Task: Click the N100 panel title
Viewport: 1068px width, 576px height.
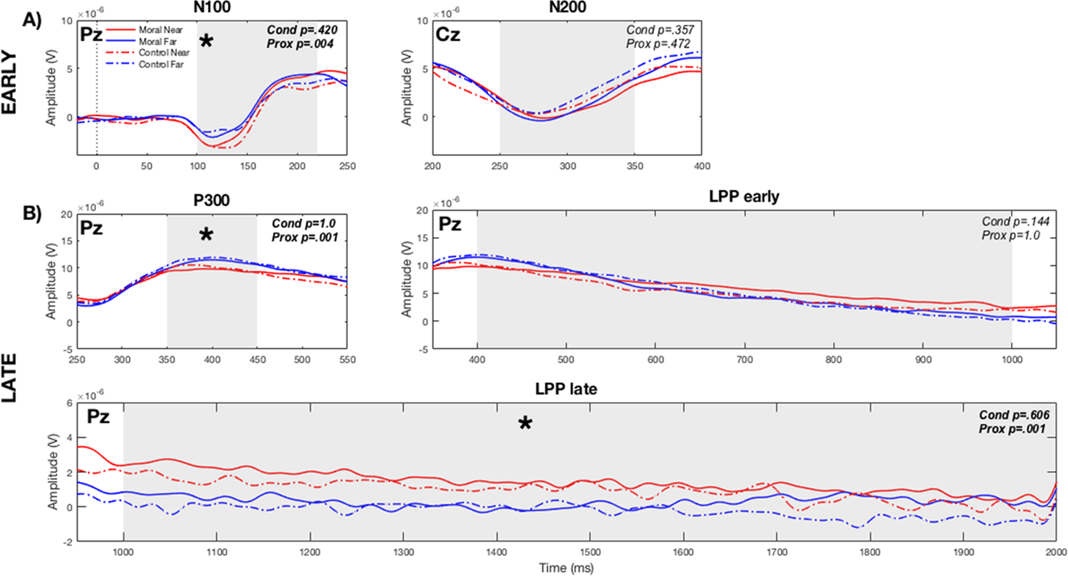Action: click(212, 8)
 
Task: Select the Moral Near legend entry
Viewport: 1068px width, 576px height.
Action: click(160, 30)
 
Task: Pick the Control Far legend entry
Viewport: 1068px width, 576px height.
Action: click(160, 64)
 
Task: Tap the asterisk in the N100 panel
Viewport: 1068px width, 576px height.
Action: click(206, 42)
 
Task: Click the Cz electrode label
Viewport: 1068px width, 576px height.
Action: click(448, 34)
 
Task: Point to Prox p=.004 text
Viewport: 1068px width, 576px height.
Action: click(300, 44)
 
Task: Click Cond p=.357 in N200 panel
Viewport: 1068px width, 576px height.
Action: click(660, 30)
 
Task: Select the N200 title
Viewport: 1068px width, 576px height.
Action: click(567, 8)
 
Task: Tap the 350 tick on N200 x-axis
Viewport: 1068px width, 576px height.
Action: click(634, 166)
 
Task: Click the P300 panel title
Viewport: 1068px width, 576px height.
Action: click(212, 200)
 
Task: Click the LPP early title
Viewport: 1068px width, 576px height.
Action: click(744, 196)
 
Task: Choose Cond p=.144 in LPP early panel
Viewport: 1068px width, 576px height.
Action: click(1016, 222)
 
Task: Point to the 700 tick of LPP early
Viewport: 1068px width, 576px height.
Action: click(745, 360)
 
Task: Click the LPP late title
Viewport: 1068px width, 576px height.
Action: click(566, 389)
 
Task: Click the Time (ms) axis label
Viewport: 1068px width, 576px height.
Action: click(566, 568)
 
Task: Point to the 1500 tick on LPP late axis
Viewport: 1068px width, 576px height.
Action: click(590, 552)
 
